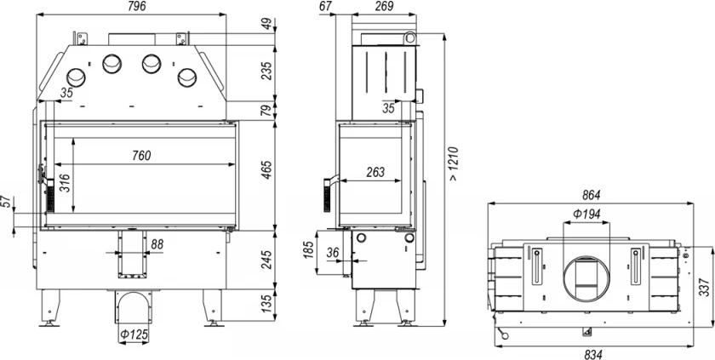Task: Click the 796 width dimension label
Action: click(137, 6)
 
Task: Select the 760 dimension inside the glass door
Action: click(141, 156)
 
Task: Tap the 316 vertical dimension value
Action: click(65, 183)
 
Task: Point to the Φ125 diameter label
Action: click(134, 335)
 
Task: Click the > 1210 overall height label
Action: click(452, 163)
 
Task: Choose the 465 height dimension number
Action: click(267, 169)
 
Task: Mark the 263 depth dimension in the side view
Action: click(375, 172)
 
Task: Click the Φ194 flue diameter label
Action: click(586, 214)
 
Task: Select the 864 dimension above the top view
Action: click(592, 196)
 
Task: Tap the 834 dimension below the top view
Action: click(592, 354)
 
